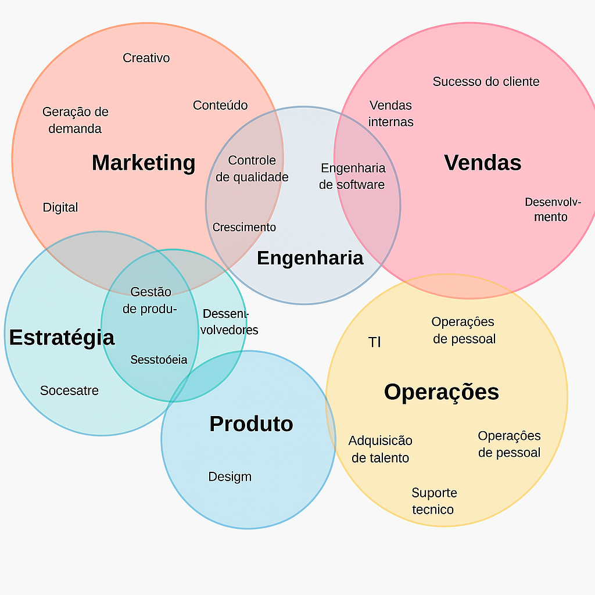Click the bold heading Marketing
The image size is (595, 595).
144,163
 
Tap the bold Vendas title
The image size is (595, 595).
483,163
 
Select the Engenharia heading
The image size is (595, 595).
310,257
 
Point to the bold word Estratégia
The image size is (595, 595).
62,338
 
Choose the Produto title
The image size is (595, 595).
251,424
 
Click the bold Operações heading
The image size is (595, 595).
442,392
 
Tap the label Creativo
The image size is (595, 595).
146,58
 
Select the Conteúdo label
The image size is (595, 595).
220,105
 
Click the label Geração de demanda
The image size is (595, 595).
75,120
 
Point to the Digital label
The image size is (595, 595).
60,207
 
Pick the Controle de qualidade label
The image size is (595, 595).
252,169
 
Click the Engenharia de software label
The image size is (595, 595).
352,176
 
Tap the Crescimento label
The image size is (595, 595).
244,227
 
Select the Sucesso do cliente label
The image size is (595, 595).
486,81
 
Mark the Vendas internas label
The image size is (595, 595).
391,113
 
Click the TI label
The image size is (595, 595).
375,342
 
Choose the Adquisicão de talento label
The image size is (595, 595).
381,449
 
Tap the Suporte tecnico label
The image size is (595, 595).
434,501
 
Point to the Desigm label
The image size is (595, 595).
230,477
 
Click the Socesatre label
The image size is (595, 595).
69,390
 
